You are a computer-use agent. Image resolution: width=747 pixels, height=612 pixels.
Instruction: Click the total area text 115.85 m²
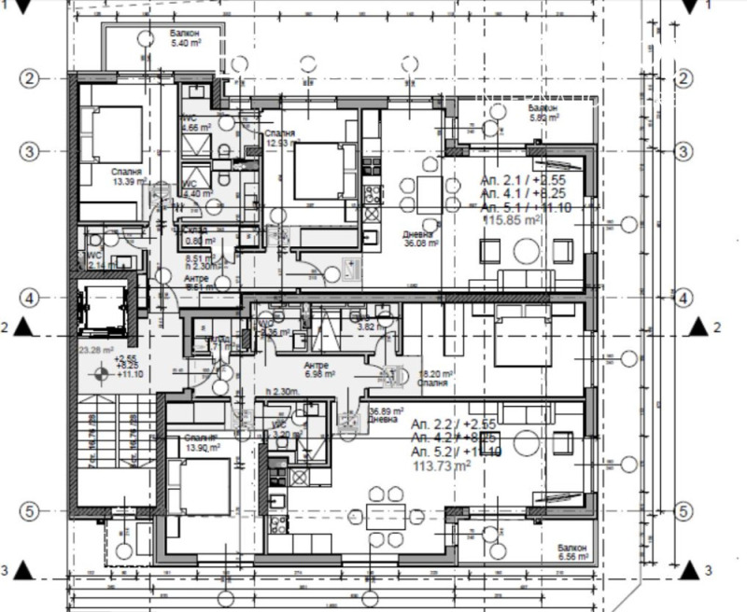tap(512, 220)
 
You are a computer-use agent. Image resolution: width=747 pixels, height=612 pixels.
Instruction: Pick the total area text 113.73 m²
tap(443, 466)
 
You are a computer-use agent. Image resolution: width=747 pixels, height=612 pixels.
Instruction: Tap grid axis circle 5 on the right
tap(684, 510)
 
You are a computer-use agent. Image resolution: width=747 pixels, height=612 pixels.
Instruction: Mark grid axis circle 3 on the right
tap(684, 151)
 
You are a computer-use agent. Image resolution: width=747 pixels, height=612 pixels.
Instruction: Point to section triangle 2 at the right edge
tap(697, 327)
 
